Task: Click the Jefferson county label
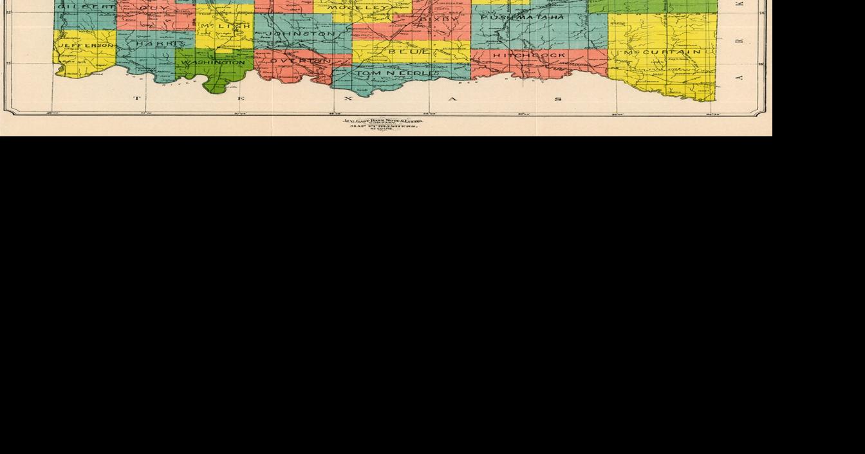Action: point(86,46)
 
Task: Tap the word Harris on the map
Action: point(156,44)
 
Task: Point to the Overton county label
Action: point(299,60)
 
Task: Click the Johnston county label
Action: point(301,33)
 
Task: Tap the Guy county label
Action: point(153,8)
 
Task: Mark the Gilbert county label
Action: point(86,6)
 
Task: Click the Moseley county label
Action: point(358,8)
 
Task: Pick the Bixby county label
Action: point(440,19)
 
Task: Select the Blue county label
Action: point(409,51)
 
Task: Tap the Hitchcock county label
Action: point(529,55)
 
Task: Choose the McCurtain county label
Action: point(662,51)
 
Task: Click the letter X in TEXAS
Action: point(348,98)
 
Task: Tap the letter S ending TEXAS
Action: point(557,98)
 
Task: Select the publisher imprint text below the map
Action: point(383,123)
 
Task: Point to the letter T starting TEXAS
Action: point(136,98)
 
